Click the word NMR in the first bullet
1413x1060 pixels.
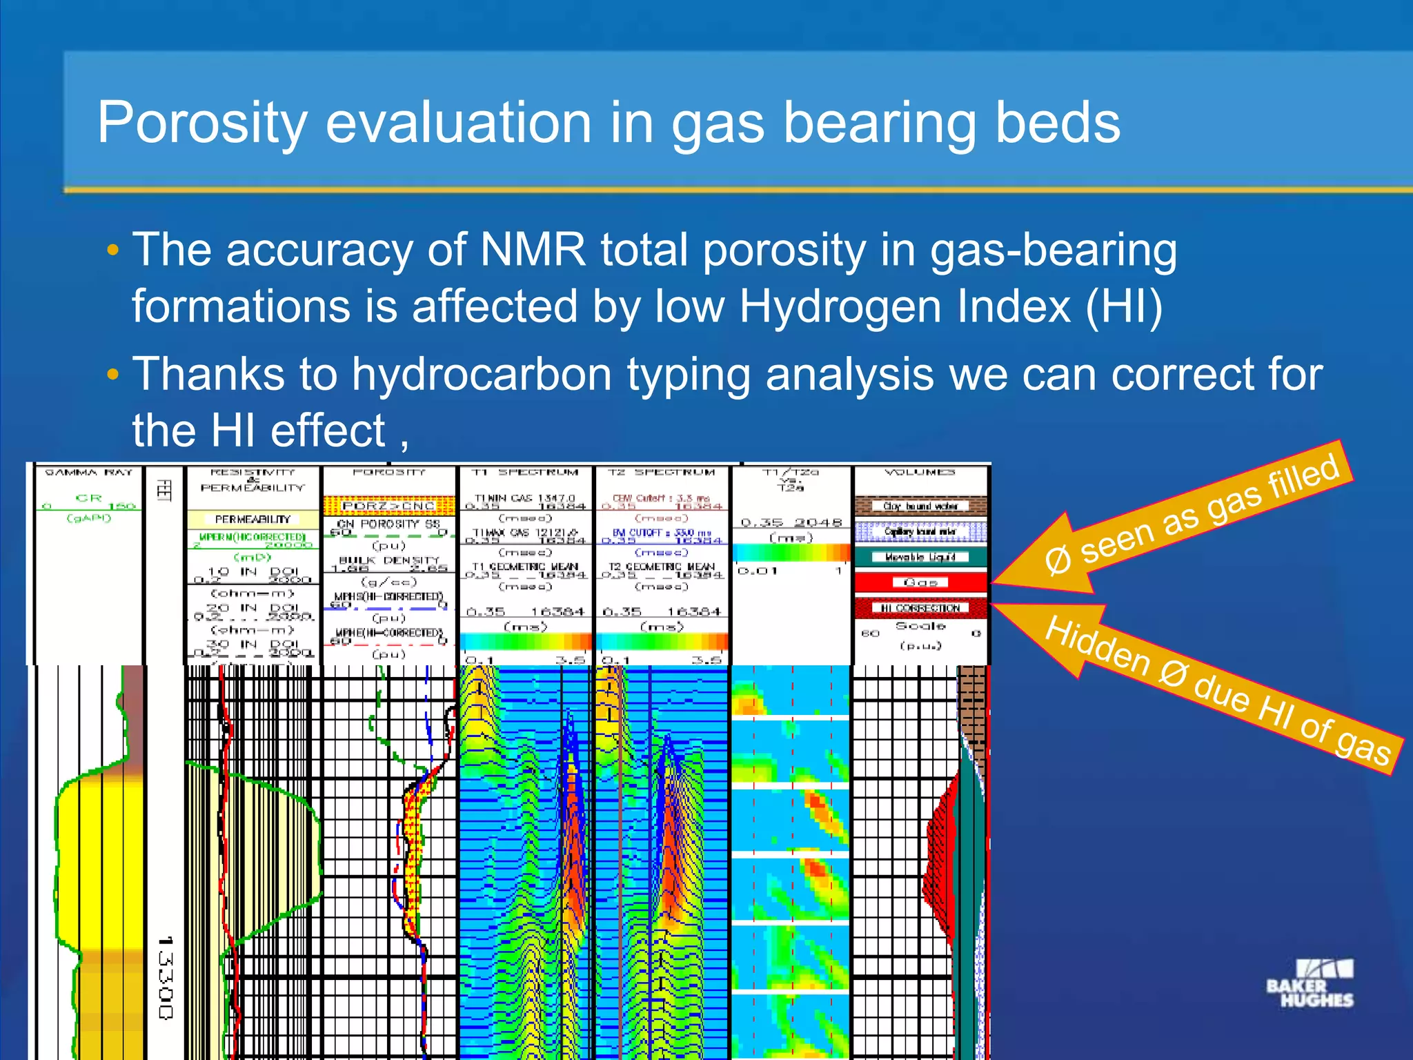point(533,249)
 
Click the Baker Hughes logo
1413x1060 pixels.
point(1309,983)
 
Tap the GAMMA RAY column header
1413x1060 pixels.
point(88,473)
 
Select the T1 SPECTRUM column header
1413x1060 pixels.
point(525,473)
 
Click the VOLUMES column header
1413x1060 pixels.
point(920,473)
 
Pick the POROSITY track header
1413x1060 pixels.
point(388,473)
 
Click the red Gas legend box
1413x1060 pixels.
point(920,582)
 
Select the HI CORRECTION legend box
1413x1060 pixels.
point(920,608)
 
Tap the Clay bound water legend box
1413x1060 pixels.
point(920,506)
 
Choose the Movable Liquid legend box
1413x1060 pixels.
point(920,557)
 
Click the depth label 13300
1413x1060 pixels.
point(165,978)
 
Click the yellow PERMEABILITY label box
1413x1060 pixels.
point(253,519)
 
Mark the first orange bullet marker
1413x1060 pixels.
point(113,250)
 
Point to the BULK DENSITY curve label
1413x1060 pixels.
point(388,560)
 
